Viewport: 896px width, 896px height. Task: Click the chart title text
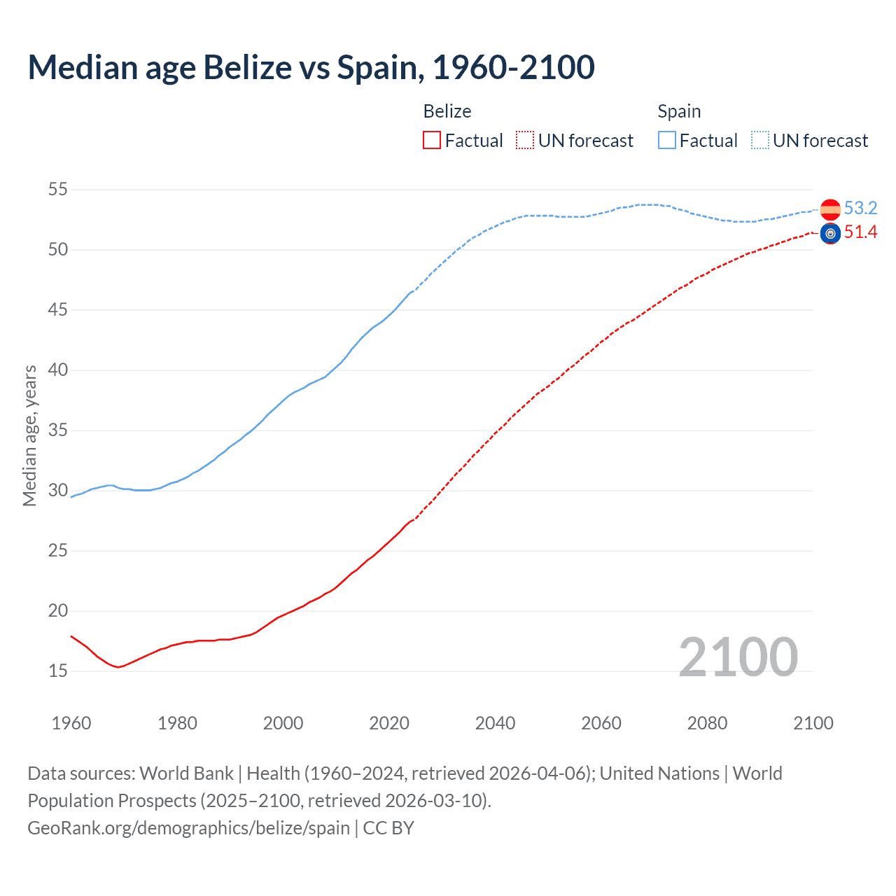pyautogui.click(x=311, y=67)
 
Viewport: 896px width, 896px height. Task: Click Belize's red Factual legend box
pyautogui.click(x=432, y=141)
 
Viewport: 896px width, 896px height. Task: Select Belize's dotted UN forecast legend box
pyautogui.click(x=525, y=141)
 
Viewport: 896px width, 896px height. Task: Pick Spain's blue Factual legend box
pyautogui.click(x=667, y=141)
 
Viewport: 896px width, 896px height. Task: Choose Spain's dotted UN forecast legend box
pyautogui.click(x=760, y=141)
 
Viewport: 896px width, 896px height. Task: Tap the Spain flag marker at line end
pyautogui.click(x=830, y=209)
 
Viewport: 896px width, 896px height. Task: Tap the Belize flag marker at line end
pyautogui.click(x=830, y=234)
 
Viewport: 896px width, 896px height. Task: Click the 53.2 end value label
pyautogui.click(x=860, y=208)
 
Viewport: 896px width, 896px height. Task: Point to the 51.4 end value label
pyautogui.click(x=860, y=232)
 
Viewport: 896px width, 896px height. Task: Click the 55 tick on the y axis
pyautogui.click(x=58, y=189)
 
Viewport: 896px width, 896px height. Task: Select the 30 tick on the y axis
pyautogui.click(x=58, y=490)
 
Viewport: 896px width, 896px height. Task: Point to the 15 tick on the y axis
pyautogui.click(x=58, y=671)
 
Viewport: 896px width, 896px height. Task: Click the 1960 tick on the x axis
pyautogui.click(x=71, y=723)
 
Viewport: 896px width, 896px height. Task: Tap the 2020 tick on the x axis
pyautogui.click(x=389, y=723)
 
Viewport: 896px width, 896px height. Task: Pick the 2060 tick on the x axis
pyautogui.click(x=601, y=723)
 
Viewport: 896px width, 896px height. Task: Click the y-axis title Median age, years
pyautogui.click(x=29, y=435)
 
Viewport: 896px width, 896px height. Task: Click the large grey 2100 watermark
pyautogui.click(x=738, y=657)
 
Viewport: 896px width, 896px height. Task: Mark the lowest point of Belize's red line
pyautogui.click(x=118, y=667)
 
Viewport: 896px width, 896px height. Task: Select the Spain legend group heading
pyautogui.click(x=679, y=111)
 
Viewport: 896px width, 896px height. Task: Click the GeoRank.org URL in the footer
pyautogui.click(x=188, y=828)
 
